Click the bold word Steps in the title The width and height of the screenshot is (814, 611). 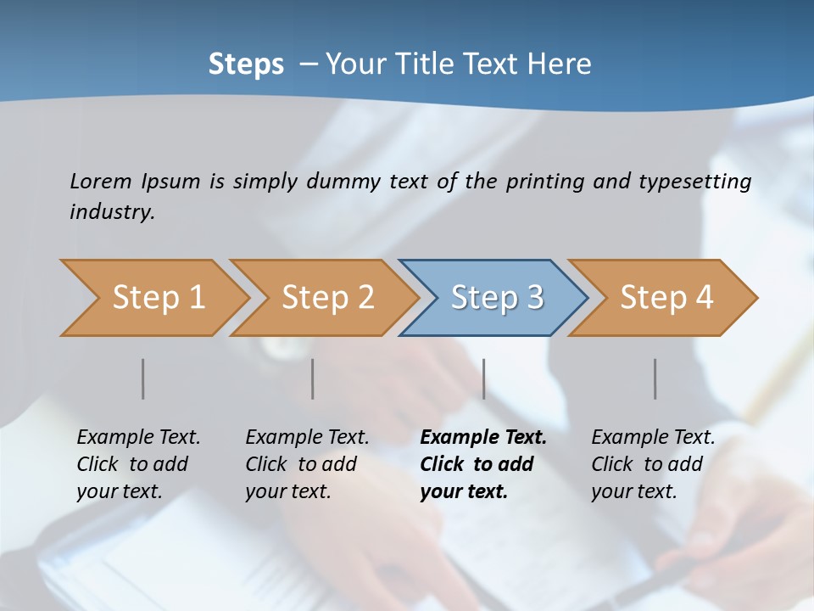pos(246,64)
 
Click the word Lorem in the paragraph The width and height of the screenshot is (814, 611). pos(101,181)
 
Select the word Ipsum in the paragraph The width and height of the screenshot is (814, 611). pos(170,182)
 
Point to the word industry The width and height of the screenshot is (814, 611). pos(112,211)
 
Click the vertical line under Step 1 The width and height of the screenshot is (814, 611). pos(143,378)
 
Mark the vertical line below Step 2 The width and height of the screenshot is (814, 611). pos(313,378)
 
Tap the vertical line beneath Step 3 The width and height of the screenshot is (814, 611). pos(484,378)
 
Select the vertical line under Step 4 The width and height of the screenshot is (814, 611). pos(655,378)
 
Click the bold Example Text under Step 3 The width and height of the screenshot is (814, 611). pos(483,438)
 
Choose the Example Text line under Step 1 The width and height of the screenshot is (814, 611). pos(138,438)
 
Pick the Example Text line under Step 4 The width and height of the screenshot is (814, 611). pos(653,438)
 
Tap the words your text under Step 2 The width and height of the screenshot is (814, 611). pos(287,491)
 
